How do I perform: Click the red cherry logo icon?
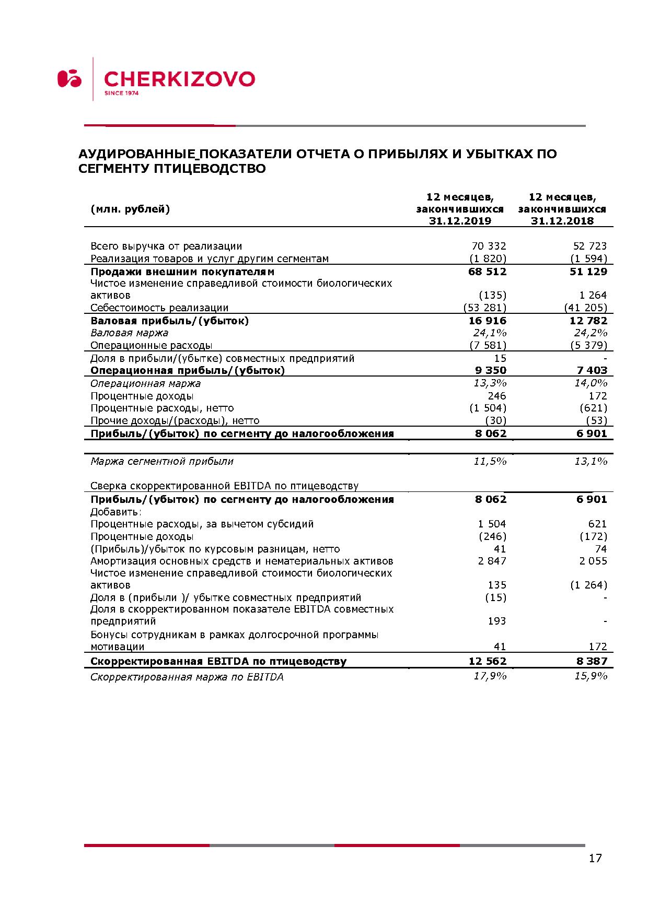[70, 78]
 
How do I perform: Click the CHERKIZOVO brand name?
[179, 79]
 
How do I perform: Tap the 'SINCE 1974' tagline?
[121, 93]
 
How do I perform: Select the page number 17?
[595, 858]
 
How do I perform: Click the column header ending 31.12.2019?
[460, 209]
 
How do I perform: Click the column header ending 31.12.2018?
[562, 209]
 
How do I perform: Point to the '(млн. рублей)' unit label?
[130, 209]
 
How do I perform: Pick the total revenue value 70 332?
[489, 246]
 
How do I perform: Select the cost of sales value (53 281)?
[485, 308]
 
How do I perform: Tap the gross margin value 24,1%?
[490, 333]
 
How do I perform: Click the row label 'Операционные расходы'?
[151, 345]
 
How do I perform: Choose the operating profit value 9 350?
[490, 370]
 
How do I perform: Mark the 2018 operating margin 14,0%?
[591, 383]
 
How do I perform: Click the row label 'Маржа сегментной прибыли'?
[162, 461]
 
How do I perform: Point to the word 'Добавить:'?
[116, 512]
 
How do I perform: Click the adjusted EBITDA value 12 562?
[488, 661]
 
